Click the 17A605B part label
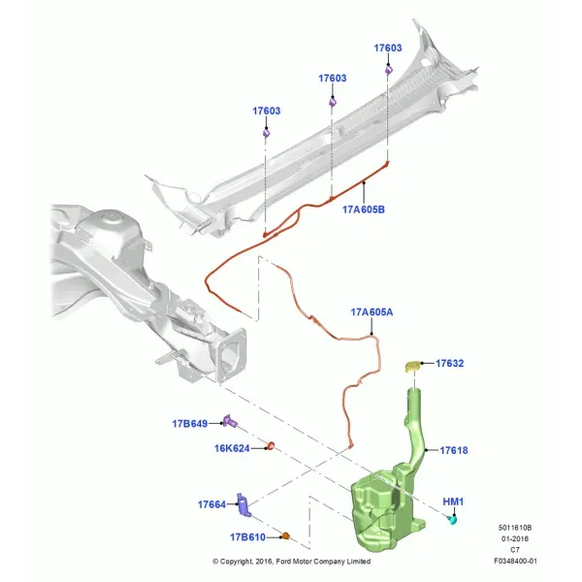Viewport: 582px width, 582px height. (364, 210)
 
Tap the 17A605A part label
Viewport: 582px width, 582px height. (372, 312)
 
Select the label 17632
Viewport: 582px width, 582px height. (449, 363)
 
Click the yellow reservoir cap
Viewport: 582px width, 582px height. (412, 366)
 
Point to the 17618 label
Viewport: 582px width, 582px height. (454, 450)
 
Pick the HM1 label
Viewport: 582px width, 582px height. (453, 501)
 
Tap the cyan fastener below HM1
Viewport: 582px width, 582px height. (452, 519)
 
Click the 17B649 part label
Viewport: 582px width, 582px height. (190, 424)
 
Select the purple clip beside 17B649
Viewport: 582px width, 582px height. (230, 421)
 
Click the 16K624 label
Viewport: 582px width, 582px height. (232, 448)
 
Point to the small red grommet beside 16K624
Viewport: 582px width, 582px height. (271, 446)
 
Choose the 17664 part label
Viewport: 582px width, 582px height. (211, 504)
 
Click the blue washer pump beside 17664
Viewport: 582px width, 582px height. (243, 505)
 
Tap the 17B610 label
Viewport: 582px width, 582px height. (247, 537)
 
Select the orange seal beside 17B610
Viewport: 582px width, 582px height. (285, 536)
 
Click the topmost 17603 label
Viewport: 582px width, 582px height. (387, 48)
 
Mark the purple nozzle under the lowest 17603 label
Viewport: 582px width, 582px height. (266, 133)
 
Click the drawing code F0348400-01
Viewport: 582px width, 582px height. (515, 562)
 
